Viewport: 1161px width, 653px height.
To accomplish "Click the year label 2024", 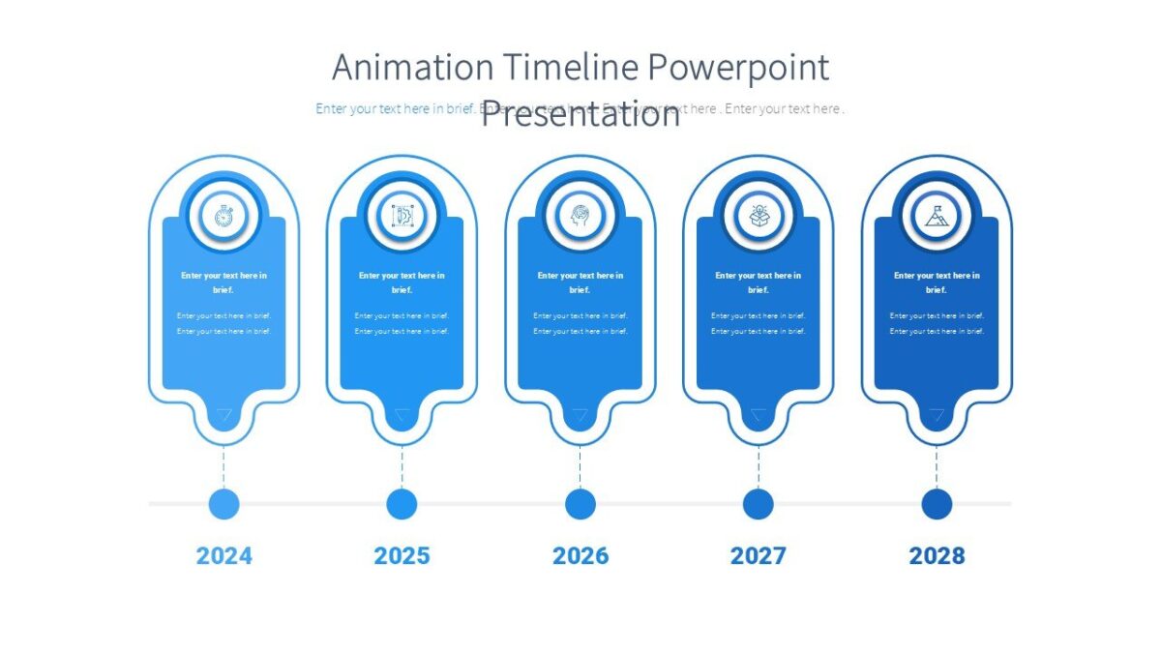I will [223, 555].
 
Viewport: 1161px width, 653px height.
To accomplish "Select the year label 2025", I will [402, 555].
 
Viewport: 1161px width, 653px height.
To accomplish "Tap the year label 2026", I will [580, 555].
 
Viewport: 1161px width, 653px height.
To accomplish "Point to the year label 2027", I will [758, 555].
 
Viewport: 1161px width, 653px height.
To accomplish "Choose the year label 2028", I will [937, 555].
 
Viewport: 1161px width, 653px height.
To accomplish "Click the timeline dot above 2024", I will [223, 504].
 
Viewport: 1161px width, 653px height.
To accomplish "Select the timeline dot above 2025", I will [402, 504].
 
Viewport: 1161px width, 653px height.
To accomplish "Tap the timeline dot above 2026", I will [580, 504].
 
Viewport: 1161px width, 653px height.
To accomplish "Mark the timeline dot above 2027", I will [759, 504].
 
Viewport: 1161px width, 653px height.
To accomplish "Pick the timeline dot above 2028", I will [937, 504].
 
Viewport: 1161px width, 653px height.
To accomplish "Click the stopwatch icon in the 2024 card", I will [223, 217].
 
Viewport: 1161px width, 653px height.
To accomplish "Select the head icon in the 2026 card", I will [580, 217].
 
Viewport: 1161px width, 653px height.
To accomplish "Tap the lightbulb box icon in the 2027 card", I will [759, 217].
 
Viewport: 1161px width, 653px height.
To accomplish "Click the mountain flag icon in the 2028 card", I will [937, 217].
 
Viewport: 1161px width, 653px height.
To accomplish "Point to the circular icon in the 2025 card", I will [402, 217].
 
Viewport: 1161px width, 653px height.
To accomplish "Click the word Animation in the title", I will [412, 69].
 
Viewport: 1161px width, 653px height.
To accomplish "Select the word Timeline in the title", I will [570, 69].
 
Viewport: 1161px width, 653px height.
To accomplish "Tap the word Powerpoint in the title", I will [738, 69].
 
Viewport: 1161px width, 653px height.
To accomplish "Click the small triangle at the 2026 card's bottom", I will [580, 416].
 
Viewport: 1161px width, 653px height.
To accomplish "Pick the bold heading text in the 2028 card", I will [937, 282].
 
